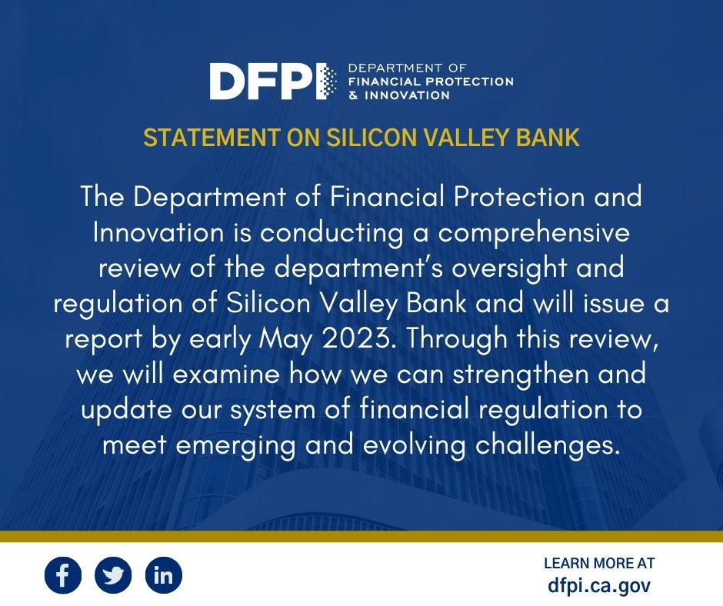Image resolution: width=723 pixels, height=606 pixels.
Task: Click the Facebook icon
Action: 62,574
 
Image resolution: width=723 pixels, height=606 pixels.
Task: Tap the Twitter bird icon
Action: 113,574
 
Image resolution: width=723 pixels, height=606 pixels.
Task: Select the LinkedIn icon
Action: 163,574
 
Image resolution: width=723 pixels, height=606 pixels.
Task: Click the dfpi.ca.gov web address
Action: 599,585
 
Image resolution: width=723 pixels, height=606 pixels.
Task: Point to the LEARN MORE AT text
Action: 599,564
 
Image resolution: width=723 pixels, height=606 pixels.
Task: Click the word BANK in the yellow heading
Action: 551,138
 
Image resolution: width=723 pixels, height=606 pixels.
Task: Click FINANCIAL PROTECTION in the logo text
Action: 431,82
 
